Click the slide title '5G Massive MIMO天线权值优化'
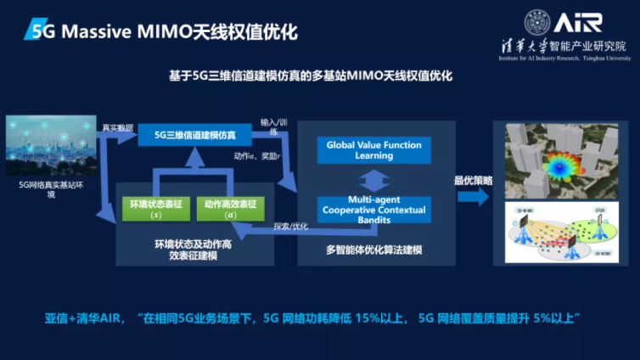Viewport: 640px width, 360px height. click(161, 32)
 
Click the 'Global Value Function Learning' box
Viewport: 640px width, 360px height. click(373, 150)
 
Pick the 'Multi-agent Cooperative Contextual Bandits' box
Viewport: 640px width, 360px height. click(373, 208)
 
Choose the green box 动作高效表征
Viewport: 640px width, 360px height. click(229, 209)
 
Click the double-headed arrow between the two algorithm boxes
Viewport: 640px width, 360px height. click(373, 179)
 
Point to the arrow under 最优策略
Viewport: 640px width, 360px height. click(473, 196)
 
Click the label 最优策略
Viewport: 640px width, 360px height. click(473, 180)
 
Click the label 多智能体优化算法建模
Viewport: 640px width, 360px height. click(374, 250)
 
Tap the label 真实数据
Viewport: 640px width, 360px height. click(117, 128)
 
